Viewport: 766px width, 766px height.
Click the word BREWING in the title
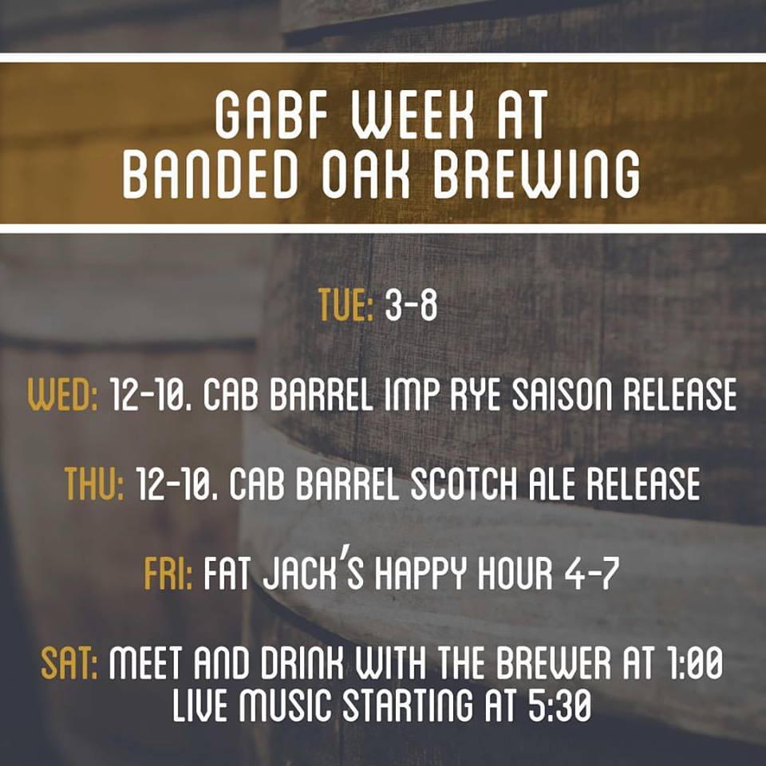click(536, 173)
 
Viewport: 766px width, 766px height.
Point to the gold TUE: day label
click(345, 305)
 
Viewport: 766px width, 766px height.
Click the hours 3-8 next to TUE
click(411, 305)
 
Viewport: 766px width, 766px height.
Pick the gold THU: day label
click(94, 484)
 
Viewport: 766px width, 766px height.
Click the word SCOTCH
click(463, 484)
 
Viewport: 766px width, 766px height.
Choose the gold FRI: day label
click(168, 573)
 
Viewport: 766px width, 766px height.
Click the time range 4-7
click(591, 573)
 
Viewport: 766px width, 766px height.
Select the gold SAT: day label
click(69, 662)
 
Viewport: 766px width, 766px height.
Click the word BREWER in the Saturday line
click(553, 662)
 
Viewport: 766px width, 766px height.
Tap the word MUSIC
click(285, 705)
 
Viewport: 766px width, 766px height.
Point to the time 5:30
click(560, 705)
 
